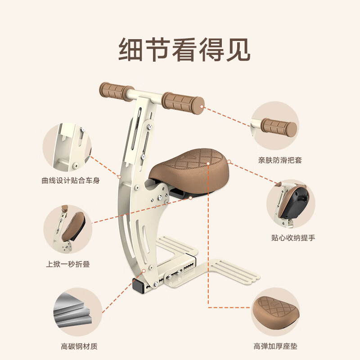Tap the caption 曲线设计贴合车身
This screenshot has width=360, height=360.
70,181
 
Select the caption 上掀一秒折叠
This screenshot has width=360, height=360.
68,264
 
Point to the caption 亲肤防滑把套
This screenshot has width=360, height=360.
280,160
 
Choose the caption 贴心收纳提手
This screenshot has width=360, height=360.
293,237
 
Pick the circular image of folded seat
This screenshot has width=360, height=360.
68,229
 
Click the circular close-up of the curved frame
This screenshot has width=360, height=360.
67,146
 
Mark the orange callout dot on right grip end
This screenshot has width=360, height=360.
202,107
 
